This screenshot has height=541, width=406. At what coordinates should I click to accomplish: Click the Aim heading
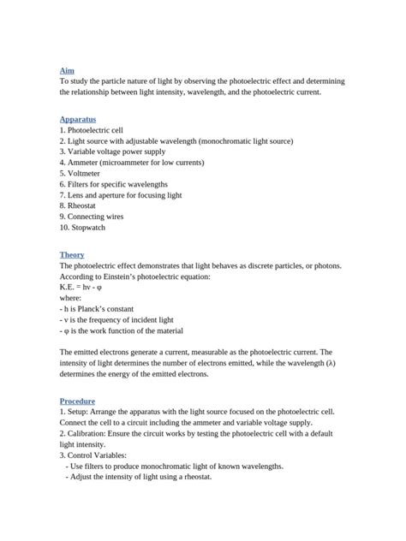(67, 69)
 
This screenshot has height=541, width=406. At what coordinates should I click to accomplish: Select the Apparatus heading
(78, 119)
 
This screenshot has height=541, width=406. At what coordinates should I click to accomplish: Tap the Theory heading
(72, 255)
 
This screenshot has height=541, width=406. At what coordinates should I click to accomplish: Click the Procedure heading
(77, 401)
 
